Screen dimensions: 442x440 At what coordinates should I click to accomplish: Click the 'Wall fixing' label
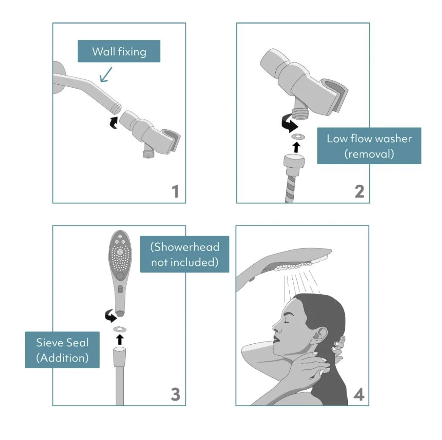click(119, 51)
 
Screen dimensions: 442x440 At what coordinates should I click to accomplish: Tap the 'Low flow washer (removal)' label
click(369, 146)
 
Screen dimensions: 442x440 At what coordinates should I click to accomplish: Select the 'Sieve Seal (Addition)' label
click(62, 350)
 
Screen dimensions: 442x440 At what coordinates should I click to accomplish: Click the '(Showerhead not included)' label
click(185, 254)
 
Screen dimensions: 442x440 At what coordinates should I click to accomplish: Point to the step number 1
click(176, 191)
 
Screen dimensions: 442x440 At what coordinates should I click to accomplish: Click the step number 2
click(359, 191)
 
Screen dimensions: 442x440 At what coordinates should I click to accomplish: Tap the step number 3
click(176, 394)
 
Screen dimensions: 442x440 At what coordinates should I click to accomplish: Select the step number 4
click(359, 394)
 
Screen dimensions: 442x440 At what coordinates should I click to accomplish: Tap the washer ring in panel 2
click(298, 137)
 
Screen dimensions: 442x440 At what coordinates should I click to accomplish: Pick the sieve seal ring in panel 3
click(120, 329)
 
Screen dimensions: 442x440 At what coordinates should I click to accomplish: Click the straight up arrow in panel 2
click(296, 147)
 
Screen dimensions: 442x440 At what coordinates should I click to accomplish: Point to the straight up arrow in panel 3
click(120, 339)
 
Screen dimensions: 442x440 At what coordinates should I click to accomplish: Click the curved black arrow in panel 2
click(289, 124)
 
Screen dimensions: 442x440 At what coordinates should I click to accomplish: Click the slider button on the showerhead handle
click(120, 289)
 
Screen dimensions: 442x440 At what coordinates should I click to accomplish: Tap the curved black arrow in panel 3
click(111, 316)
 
